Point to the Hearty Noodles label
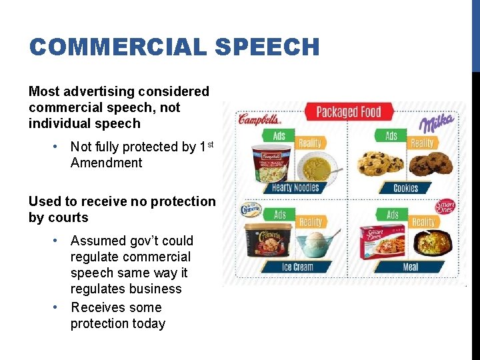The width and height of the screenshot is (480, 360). (296, 188)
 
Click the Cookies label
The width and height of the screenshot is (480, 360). (405, 188)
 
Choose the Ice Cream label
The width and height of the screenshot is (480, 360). (297, 267)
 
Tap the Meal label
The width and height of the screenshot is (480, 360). (410, 267)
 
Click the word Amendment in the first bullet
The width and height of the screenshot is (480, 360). (106, 163)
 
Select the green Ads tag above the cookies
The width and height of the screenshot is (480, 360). (391, 136)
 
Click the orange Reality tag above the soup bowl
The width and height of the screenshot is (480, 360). (309, 142)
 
